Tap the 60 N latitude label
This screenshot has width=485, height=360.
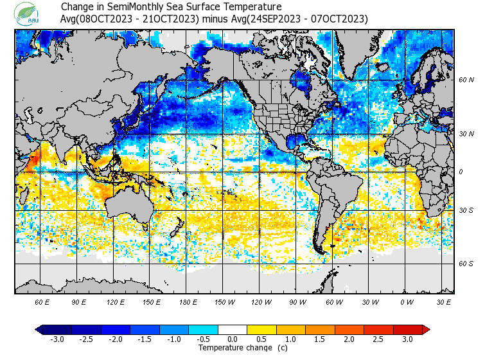(466, 80)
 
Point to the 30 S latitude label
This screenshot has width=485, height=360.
(466, 210)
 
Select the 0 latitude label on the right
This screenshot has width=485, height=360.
(461, 172)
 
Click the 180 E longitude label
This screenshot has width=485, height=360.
(188, 301)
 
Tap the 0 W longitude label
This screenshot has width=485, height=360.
(407, 301)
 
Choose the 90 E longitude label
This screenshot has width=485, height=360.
(79, 301)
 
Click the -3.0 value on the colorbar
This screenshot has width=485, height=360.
(57, 339)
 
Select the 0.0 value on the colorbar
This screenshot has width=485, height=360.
(233, 339)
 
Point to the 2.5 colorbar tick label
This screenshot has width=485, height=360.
(378, 339)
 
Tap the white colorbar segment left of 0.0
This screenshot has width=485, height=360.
(219, 329)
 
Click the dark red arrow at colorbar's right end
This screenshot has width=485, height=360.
(425, 329)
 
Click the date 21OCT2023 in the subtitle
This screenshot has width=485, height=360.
(169, 19)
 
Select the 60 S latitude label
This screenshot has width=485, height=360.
(466, 264)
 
